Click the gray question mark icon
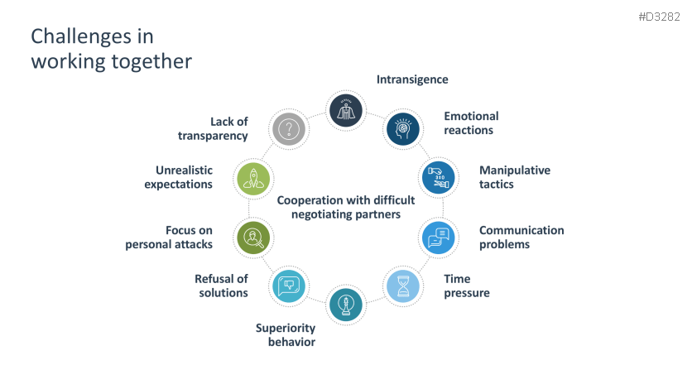click(289, 129)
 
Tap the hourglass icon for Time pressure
click(403, 286)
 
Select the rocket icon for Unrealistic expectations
click(253, 179)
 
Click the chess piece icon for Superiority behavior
click(346, 305)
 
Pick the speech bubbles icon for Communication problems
click(438, 238)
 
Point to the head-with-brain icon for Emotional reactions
click(403, 129)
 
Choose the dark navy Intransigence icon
click(346, 110)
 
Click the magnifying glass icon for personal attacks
click(253, 238)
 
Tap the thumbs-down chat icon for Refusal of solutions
click(289, 286)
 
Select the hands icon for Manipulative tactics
click(438, 177)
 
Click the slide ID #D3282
click(659, 17)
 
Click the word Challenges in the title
click(81, 36)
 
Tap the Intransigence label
click(412, 79)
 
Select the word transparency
click(213, 136)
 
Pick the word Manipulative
click(515, 170)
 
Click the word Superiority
click(286, 328)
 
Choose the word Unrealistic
click(184, 170)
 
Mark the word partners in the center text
click(378, 214)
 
